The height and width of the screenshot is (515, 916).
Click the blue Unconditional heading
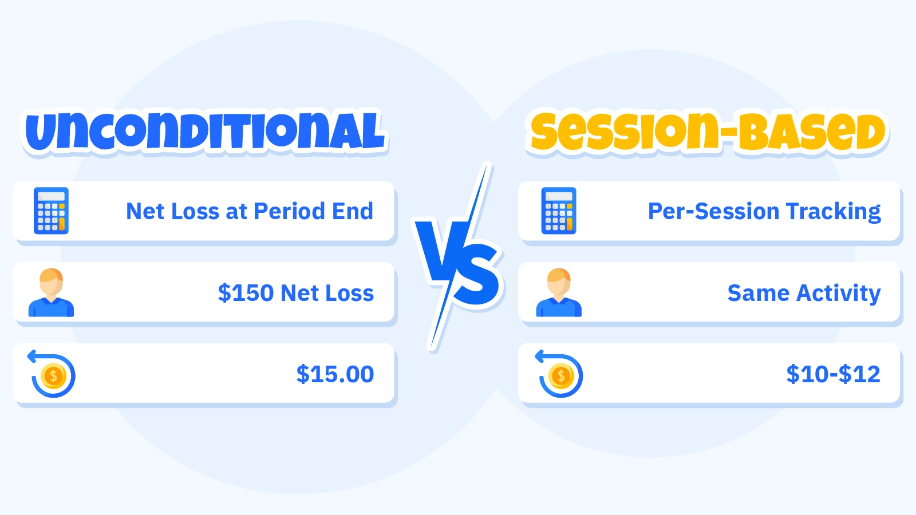(204, 132)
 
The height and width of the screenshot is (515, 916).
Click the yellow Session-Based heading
(708, 132)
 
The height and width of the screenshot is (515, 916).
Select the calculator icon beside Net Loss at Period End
(51, 211)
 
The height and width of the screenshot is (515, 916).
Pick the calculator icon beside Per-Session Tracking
(559, 211)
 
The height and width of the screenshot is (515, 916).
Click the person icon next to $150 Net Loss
(51, 292)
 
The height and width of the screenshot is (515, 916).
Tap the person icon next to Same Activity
(559, 292)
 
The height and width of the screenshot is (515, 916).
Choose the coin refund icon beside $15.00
(52, 374)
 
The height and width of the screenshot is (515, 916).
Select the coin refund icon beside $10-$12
(559, 374)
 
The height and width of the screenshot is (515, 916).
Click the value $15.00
(335, 374)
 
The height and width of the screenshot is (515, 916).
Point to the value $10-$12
(834, 374)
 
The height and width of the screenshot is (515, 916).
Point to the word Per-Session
(714, 211)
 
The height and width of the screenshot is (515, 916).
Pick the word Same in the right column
(759, 293)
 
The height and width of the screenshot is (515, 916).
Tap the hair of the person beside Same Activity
(559, 275)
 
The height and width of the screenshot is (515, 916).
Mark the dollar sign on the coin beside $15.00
(53, 375)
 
